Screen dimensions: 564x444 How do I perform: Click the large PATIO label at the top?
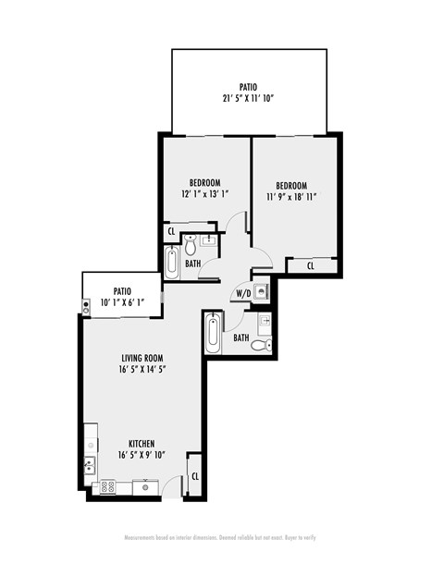tap(248, 86)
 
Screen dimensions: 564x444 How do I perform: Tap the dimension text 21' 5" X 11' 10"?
tap(248, 98)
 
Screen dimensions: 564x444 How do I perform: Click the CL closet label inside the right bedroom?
tap(310, 265)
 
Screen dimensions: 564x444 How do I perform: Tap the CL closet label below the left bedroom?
tap(172, 231)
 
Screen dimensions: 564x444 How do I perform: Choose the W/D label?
tap(242, 294)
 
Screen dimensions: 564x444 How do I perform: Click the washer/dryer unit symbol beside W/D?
tap(261, 291)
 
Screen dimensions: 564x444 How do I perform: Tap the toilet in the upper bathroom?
tap(191, 247)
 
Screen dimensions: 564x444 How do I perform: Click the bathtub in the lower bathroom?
tap(214, 332)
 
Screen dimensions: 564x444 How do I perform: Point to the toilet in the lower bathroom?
tap(262, 345)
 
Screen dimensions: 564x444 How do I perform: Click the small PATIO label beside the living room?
tap(122, 290)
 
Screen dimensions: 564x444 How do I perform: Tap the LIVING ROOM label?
tap(142, 358)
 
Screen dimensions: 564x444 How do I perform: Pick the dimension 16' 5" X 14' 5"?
tap(142, 371)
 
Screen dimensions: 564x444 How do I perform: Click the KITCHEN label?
tap(142, 443)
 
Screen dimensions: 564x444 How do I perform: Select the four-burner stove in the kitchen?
tap(108, 485)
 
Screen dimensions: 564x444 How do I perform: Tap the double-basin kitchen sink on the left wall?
tap(90, 464)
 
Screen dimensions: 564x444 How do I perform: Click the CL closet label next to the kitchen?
tap(195, 476)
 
